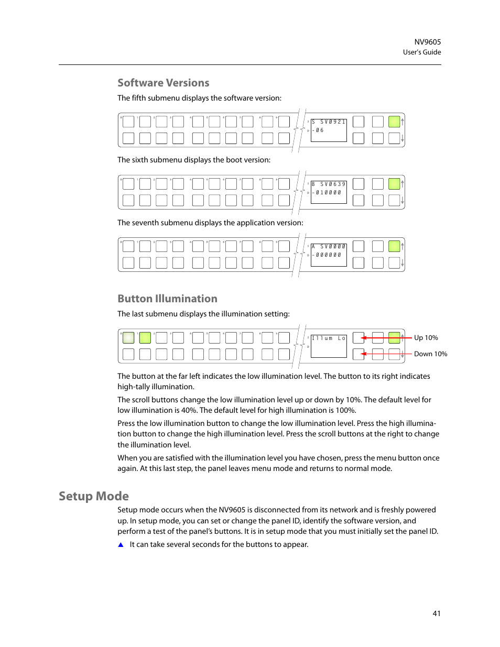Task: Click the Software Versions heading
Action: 163,83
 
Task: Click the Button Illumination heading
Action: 167,299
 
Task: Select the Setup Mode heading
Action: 94,496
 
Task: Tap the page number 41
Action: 437,613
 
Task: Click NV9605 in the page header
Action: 427,42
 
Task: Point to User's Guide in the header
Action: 421,52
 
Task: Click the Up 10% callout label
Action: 426,338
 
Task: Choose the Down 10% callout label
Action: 430,354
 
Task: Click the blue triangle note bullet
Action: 121,545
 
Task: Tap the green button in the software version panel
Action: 394,122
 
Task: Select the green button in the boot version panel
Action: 394,184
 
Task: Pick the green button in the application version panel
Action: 394,246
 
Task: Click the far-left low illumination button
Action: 128,338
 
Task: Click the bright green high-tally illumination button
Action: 145,338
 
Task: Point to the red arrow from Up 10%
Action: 386,338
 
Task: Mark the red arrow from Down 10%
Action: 386,354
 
